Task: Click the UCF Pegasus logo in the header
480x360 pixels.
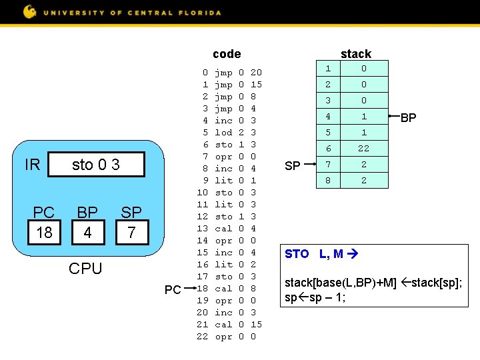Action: click(x=30, y=11)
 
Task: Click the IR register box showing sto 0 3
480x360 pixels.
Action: click(x=96, y=164)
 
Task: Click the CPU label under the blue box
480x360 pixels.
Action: click(x=86, y=269)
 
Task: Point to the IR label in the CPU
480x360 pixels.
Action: click(x=32, y=165)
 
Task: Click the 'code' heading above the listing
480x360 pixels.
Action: click(x=227, y=54)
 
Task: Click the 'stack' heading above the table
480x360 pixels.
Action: click(x=355, y=54)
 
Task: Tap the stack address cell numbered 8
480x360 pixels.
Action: click(x=327, y=180)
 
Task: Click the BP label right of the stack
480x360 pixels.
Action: click(x=409, y=118)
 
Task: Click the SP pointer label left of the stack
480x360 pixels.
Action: click(x=292, y=165)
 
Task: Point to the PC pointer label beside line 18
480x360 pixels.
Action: click(x=173, y=289)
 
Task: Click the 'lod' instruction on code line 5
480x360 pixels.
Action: click(x=224, y=133)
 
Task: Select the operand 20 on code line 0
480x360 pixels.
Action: click(x=256, y=73)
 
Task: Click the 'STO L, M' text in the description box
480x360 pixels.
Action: click(x=314, y=254)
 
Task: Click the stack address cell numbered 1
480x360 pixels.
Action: click(x=327, y=68)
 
